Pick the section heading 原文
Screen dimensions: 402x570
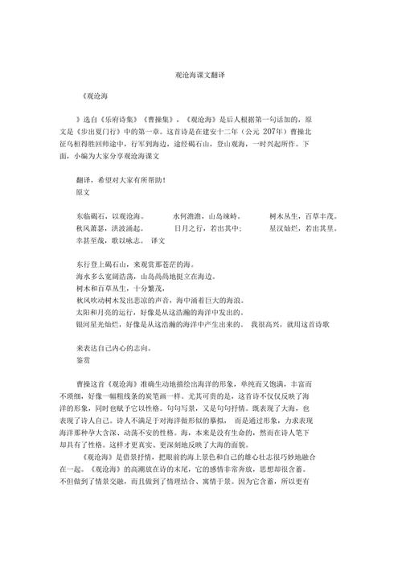84,194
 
